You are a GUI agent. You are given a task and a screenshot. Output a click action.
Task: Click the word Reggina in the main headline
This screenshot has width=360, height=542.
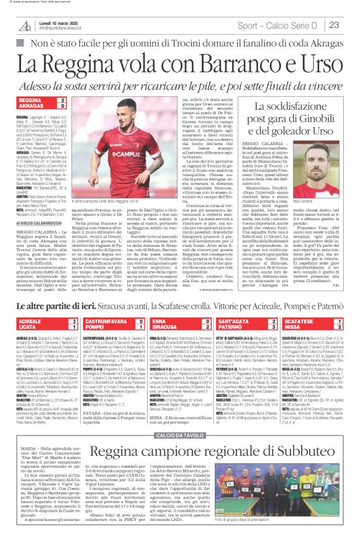81,62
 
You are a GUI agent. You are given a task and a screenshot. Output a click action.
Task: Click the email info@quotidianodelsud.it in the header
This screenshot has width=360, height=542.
65,29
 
